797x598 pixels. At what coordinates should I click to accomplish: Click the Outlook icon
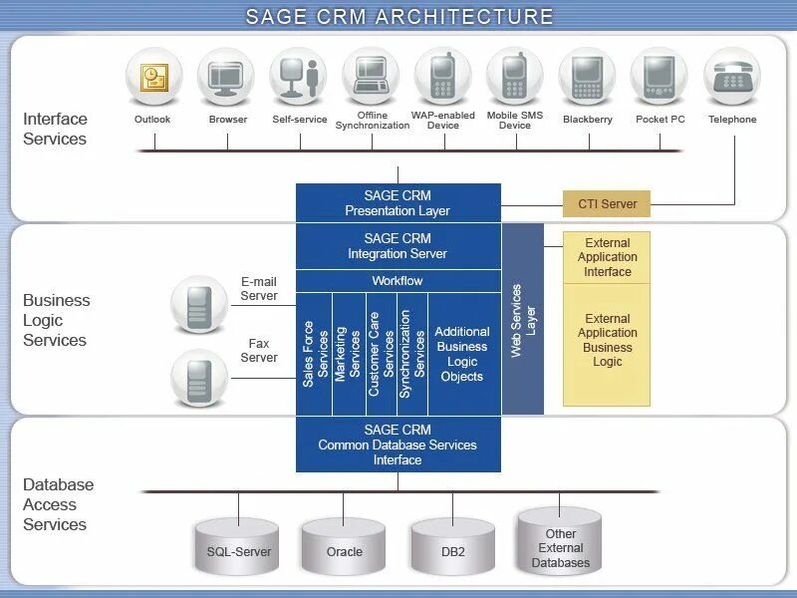pos(153,77)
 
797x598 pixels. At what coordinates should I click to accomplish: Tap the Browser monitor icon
pos(227,77)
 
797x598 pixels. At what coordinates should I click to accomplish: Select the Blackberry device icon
pos(587,77)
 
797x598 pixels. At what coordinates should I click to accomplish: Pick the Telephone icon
pos(732,77)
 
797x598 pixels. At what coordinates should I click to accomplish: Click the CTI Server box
pos(607,203)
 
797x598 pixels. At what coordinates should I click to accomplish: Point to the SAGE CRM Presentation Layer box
pos(398,203)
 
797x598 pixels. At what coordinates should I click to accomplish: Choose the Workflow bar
pos(398,281)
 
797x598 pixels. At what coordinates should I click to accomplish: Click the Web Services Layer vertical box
pos(523,319)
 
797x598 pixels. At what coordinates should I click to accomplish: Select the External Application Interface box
pos(607,257)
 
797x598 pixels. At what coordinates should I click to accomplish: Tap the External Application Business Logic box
pos(607,341)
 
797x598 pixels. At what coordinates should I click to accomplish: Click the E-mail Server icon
pos(199,304)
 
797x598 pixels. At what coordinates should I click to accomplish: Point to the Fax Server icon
pos(199,378)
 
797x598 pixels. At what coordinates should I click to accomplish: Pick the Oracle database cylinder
pos(344,547)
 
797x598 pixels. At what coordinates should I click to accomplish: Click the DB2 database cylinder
pos(452,547)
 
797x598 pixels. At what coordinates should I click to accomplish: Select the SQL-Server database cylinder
pos(238,547)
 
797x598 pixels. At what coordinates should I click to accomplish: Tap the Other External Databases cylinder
pos(560,542)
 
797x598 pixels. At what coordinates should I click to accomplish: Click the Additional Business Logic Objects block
pos(462,354)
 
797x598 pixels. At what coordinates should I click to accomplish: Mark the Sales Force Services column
pos(315,354)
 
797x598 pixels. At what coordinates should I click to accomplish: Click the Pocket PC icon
pos(660,77)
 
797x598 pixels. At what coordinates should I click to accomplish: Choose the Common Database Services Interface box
pos(398,445)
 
